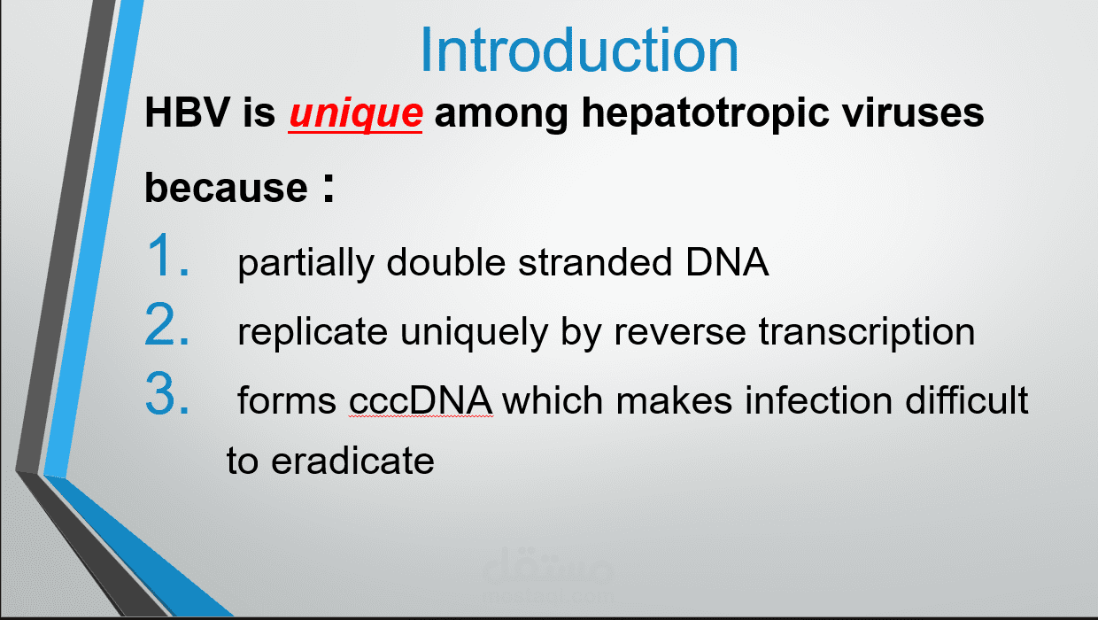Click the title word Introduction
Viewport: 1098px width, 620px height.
coord(579,50)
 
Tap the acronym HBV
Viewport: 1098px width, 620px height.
coord(187,112)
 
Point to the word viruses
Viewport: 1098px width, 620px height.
coord(913,113)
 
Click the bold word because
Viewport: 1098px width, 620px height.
coord(226,187)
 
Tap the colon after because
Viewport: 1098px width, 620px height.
coord(329,188)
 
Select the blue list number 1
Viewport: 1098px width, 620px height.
coord(167,255)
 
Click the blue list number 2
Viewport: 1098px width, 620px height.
coord(167,324)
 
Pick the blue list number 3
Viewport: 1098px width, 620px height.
coord(167,393)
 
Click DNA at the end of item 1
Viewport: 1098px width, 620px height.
coord(727,261)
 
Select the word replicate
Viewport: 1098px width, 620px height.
coord(313,333)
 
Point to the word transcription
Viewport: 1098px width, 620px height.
coord(867,333)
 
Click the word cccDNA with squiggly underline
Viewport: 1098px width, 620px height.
coord(421,401)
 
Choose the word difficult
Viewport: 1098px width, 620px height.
coord(967,399)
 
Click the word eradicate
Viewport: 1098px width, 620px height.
coord(353,460)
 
